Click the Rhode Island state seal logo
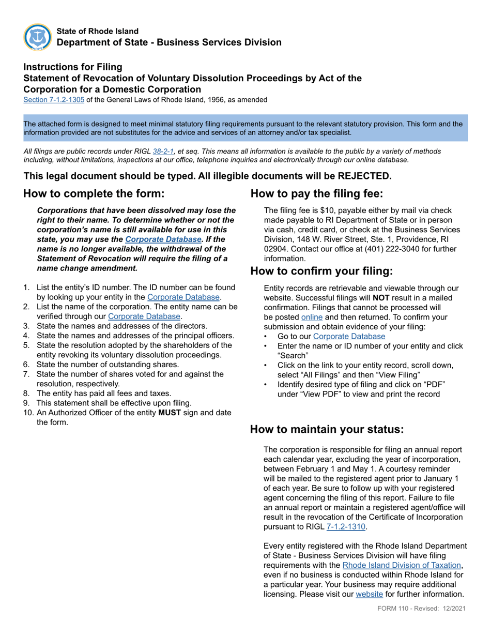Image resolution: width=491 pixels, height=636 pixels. pos(37,37)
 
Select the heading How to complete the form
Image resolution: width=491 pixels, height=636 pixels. pos(94,194)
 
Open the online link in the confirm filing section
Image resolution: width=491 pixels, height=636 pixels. pos(312,317)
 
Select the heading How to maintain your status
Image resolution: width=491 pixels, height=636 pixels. pos(327,429)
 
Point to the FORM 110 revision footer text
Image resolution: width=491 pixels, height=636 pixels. pos(421,609)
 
